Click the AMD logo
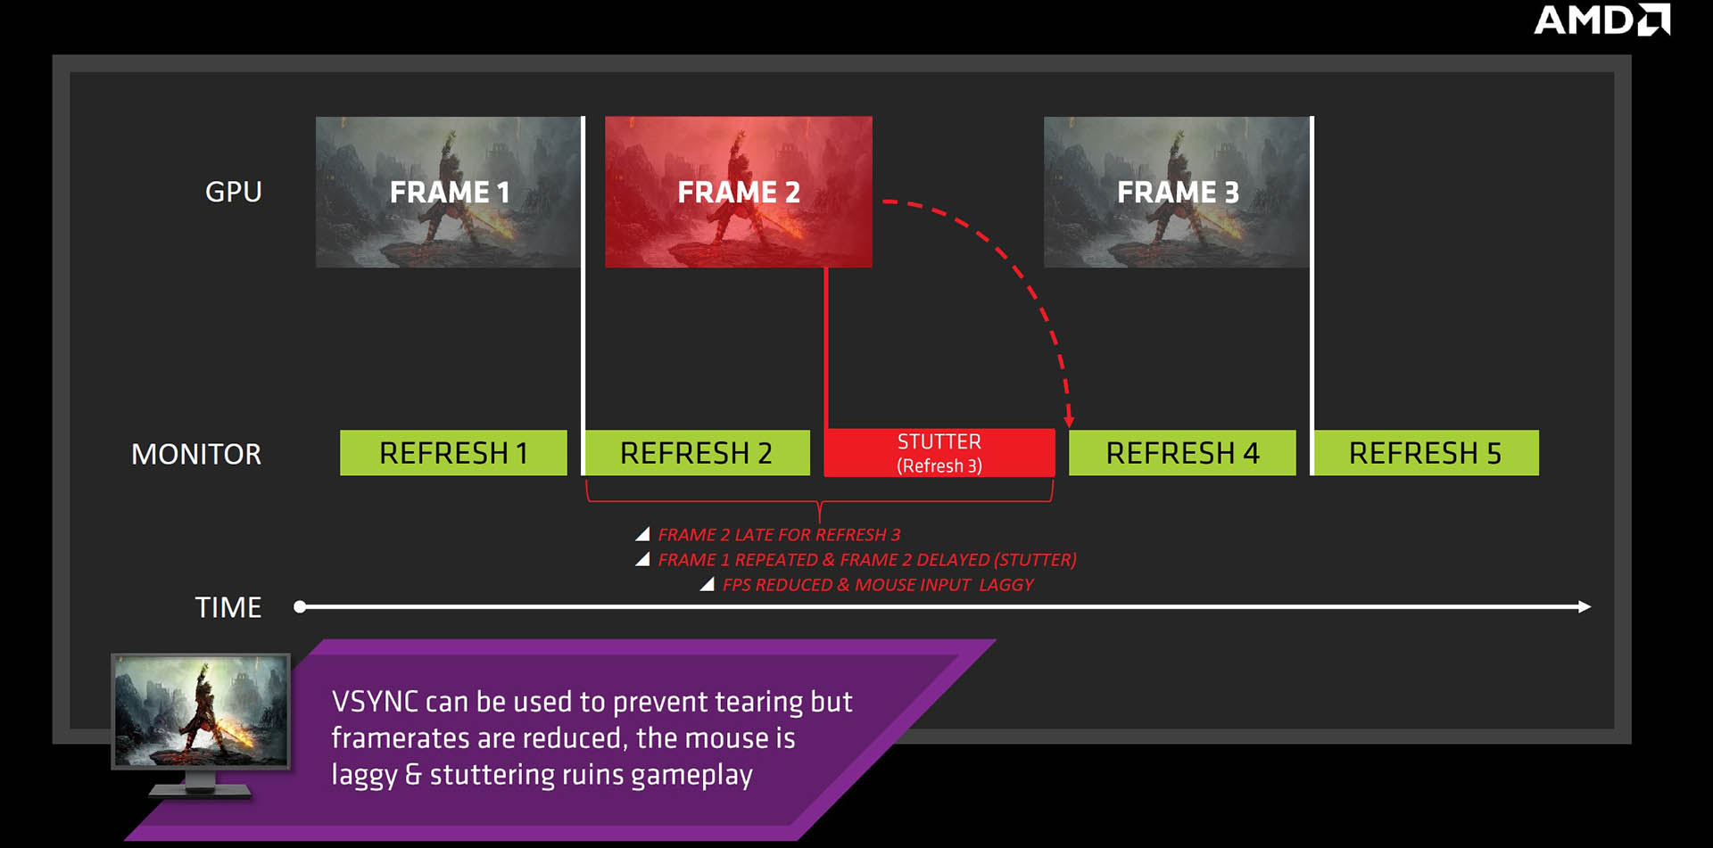click(1601, 20)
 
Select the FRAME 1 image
click(448, 192)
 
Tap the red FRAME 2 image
click(739, 192)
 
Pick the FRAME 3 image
click(1177, 192)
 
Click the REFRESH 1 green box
click(453, 453)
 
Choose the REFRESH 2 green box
click(697, 453)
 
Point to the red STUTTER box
click(939, 453)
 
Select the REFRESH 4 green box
click(1182, 453)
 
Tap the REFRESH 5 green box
click(1426, 453)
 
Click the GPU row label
click(234, 192)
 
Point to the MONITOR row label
click(196, 454)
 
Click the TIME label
click(228, 607)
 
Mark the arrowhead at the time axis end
click(1585, 607)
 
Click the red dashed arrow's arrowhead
click(1069, 420)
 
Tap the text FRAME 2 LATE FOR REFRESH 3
click(779, 535)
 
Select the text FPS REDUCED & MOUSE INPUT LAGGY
click(878, 585)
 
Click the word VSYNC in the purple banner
click(375, 702)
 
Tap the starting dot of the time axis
click(300, 607)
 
